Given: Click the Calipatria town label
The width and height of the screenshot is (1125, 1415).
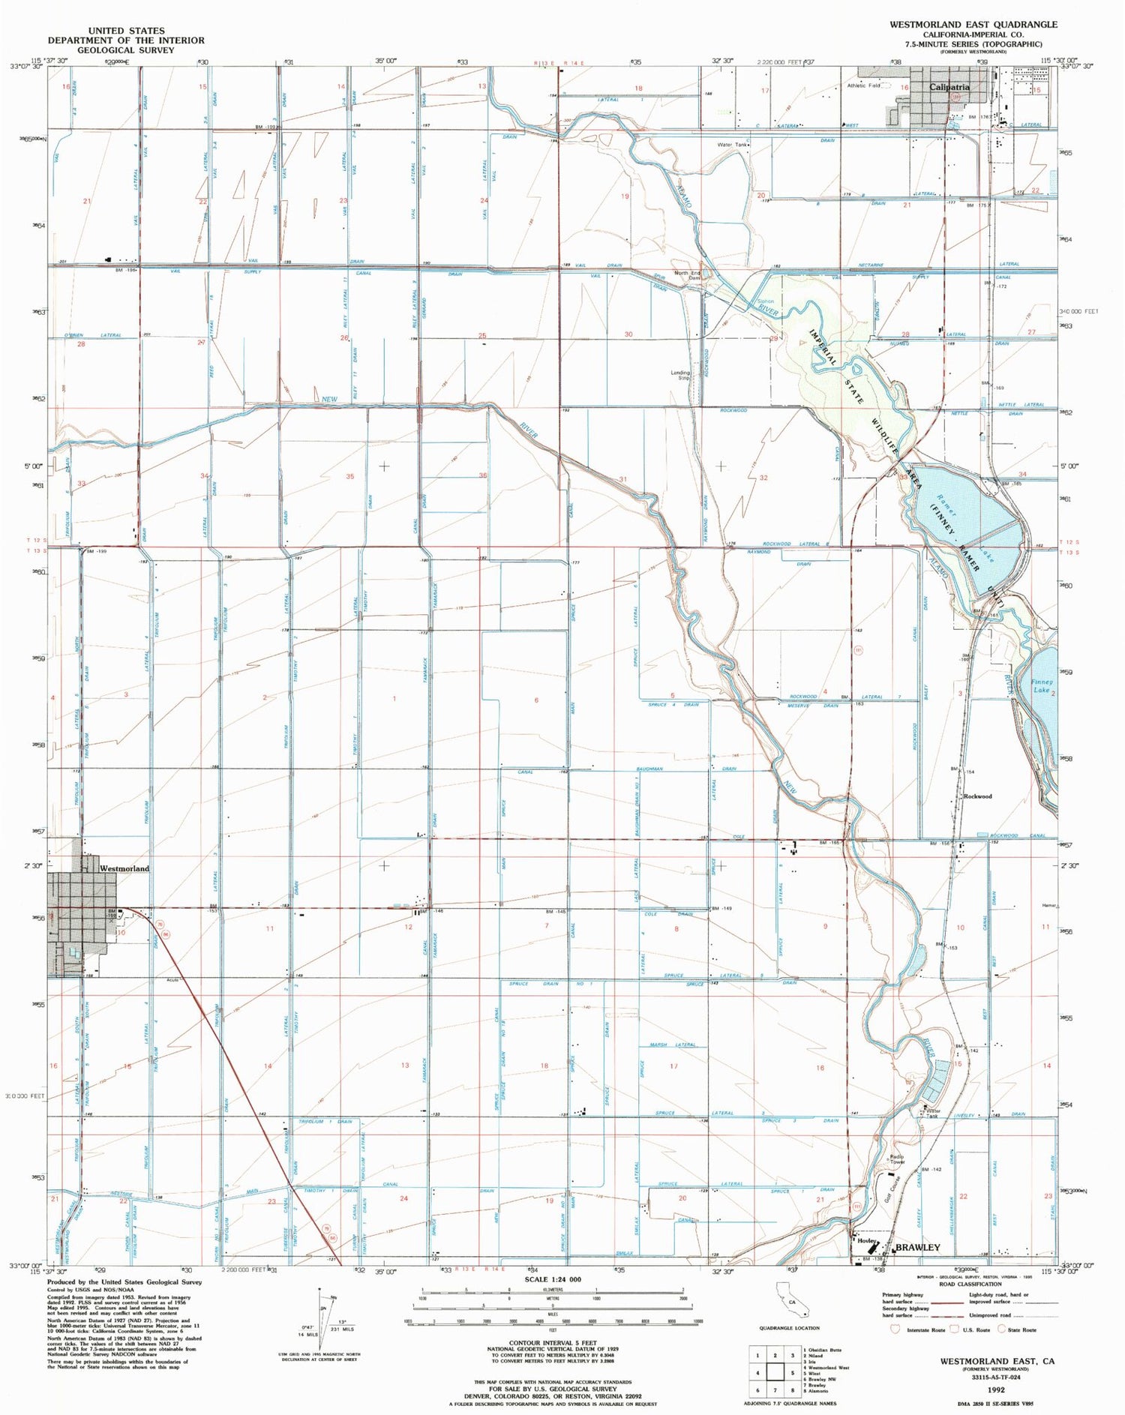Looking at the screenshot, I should (949, 87).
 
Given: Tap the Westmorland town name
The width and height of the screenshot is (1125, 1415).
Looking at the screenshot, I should (124, 868).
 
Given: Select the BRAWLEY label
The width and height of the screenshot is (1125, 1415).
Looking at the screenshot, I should (916, 1247).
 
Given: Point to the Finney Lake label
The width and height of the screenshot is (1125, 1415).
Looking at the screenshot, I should (1042, 686).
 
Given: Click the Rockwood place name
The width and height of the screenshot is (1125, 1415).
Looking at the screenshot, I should (977, 796).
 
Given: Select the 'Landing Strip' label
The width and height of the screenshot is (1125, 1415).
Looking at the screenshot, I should (680, 376).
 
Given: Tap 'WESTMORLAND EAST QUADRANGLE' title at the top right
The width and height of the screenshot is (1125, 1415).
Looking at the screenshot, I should (973, 24).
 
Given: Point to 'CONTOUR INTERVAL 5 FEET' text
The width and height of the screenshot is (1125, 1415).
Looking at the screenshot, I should (553, 1342).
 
